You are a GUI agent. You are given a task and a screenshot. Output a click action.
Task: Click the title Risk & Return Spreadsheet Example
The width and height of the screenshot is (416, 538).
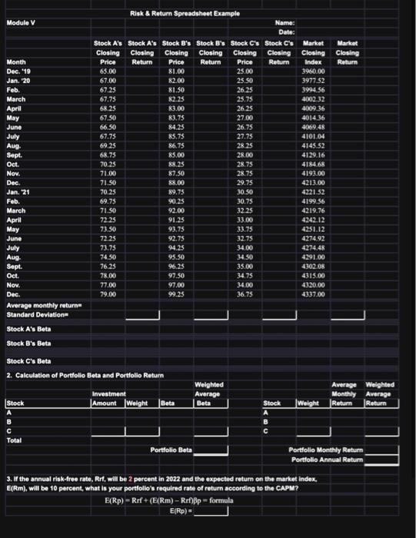click(x=185, y=14)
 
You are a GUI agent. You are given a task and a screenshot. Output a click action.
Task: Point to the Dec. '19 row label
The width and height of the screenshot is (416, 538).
click(x=17, y=70)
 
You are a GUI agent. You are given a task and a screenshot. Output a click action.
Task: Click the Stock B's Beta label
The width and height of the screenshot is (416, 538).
click(x=28, y=343)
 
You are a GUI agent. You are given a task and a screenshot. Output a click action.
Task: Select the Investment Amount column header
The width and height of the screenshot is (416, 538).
click(x=108, y=399)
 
